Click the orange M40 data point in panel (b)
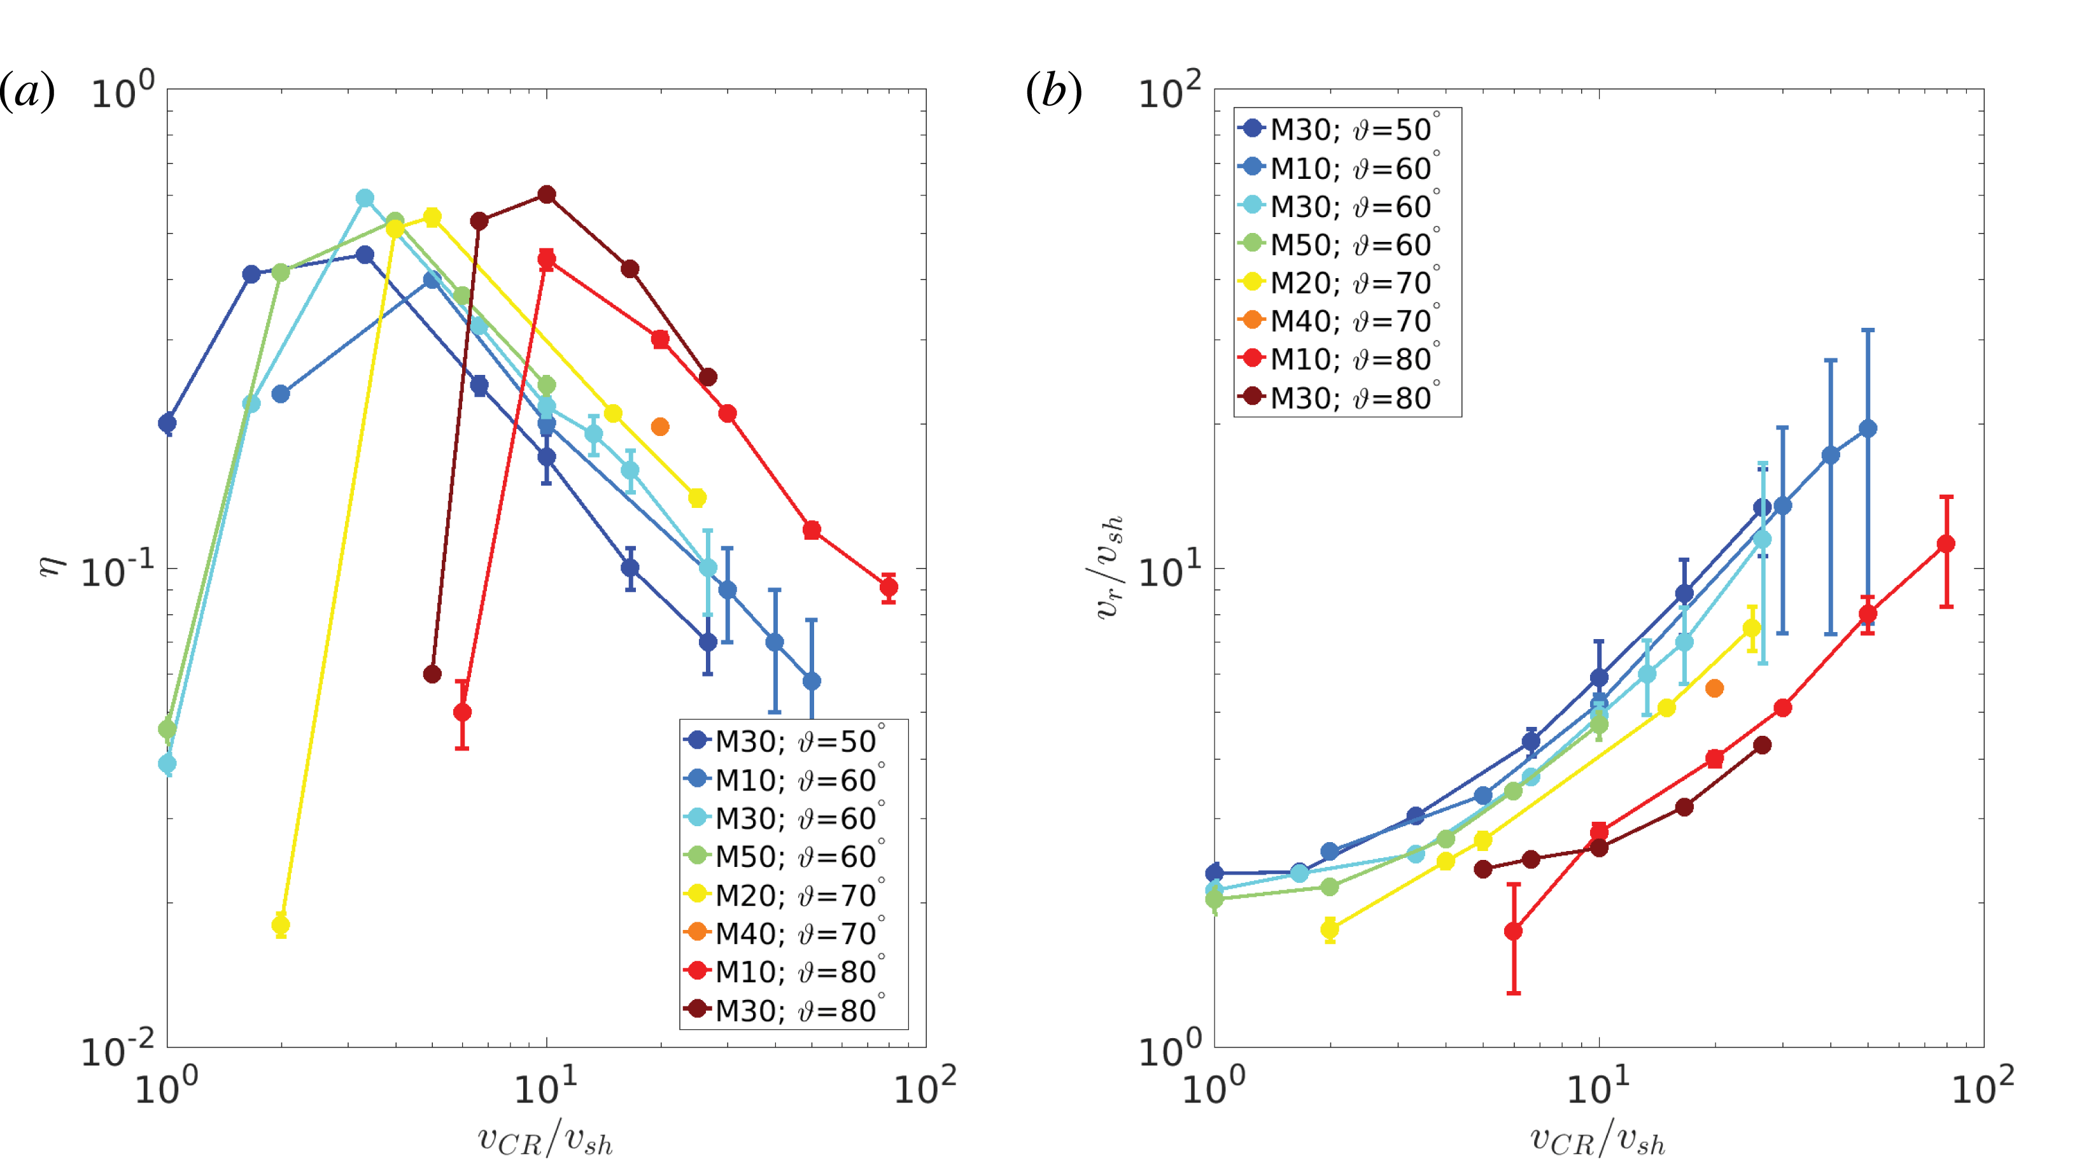pyautogui.click(x=1715, y=688)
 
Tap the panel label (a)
pyautogui.click(x=27, y=91)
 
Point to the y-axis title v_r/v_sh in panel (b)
pyautogui.click(x=1109, y=567)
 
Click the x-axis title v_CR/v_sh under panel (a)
pyautogui.click(x=546, y=1139)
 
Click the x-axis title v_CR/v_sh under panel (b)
pyautogui.click(x=1598, y=1139)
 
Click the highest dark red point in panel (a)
pyautogui.click(x=546, y=195)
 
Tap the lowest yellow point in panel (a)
pyautogui.click(x=281, y=925)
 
